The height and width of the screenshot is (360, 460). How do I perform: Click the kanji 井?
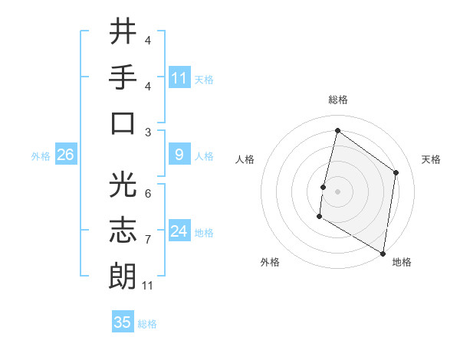tap(123, 32)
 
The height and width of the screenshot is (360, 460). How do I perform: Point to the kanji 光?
tap(123, 186)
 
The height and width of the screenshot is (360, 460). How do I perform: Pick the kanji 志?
tap(123, 231)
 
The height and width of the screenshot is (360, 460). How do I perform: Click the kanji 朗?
tap(123, 277)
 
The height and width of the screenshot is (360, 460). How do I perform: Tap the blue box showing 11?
tap(179, 78)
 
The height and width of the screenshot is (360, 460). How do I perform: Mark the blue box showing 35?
tap(123, 322)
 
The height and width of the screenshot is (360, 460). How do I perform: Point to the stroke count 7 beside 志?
tap(148, 240)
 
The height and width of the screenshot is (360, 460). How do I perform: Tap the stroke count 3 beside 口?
tap(148, 132)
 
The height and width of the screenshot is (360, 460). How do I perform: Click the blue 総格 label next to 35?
tap(147, 323)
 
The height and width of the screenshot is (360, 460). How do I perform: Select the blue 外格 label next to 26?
tap(41, 156)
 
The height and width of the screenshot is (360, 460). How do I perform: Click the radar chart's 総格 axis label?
tap(338, 100)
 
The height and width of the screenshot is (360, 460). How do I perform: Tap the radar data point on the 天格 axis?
tap(396, 172)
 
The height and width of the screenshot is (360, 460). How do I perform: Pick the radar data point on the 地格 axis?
tap(383, 253)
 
